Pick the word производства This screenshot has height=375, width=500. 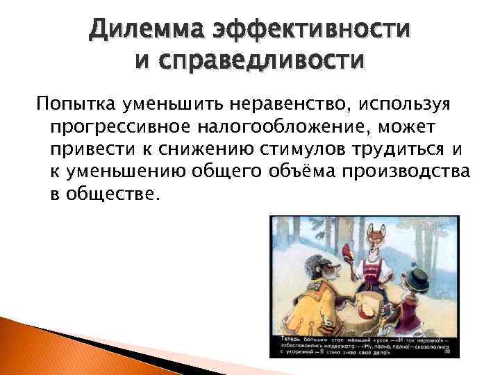(410, 172)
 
